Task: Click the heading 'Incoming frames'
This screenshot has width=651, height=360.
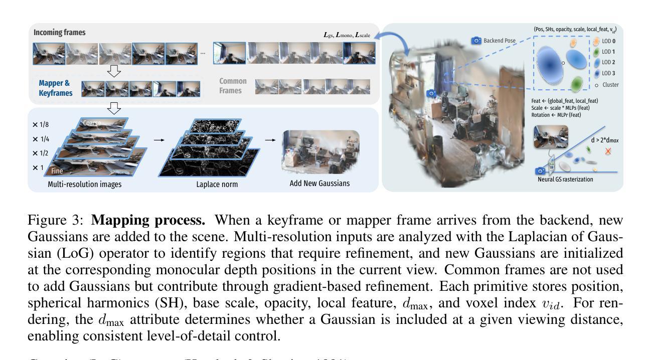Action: [x=59, y=33]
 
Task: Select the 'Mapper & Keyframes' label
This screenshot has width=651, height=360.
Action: [x=55, y=88]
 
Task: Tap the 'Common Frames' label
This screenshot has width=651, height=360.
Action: [x=233, y=86]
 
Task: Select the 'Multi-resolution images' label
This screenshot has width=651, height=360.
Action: [x=84, y=184]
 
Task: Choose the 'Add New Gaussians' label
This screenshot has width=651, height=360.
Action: [x=319, y=184]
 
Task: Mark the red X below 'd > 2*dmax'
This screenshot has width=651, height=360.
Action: [x=608, y=151]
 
